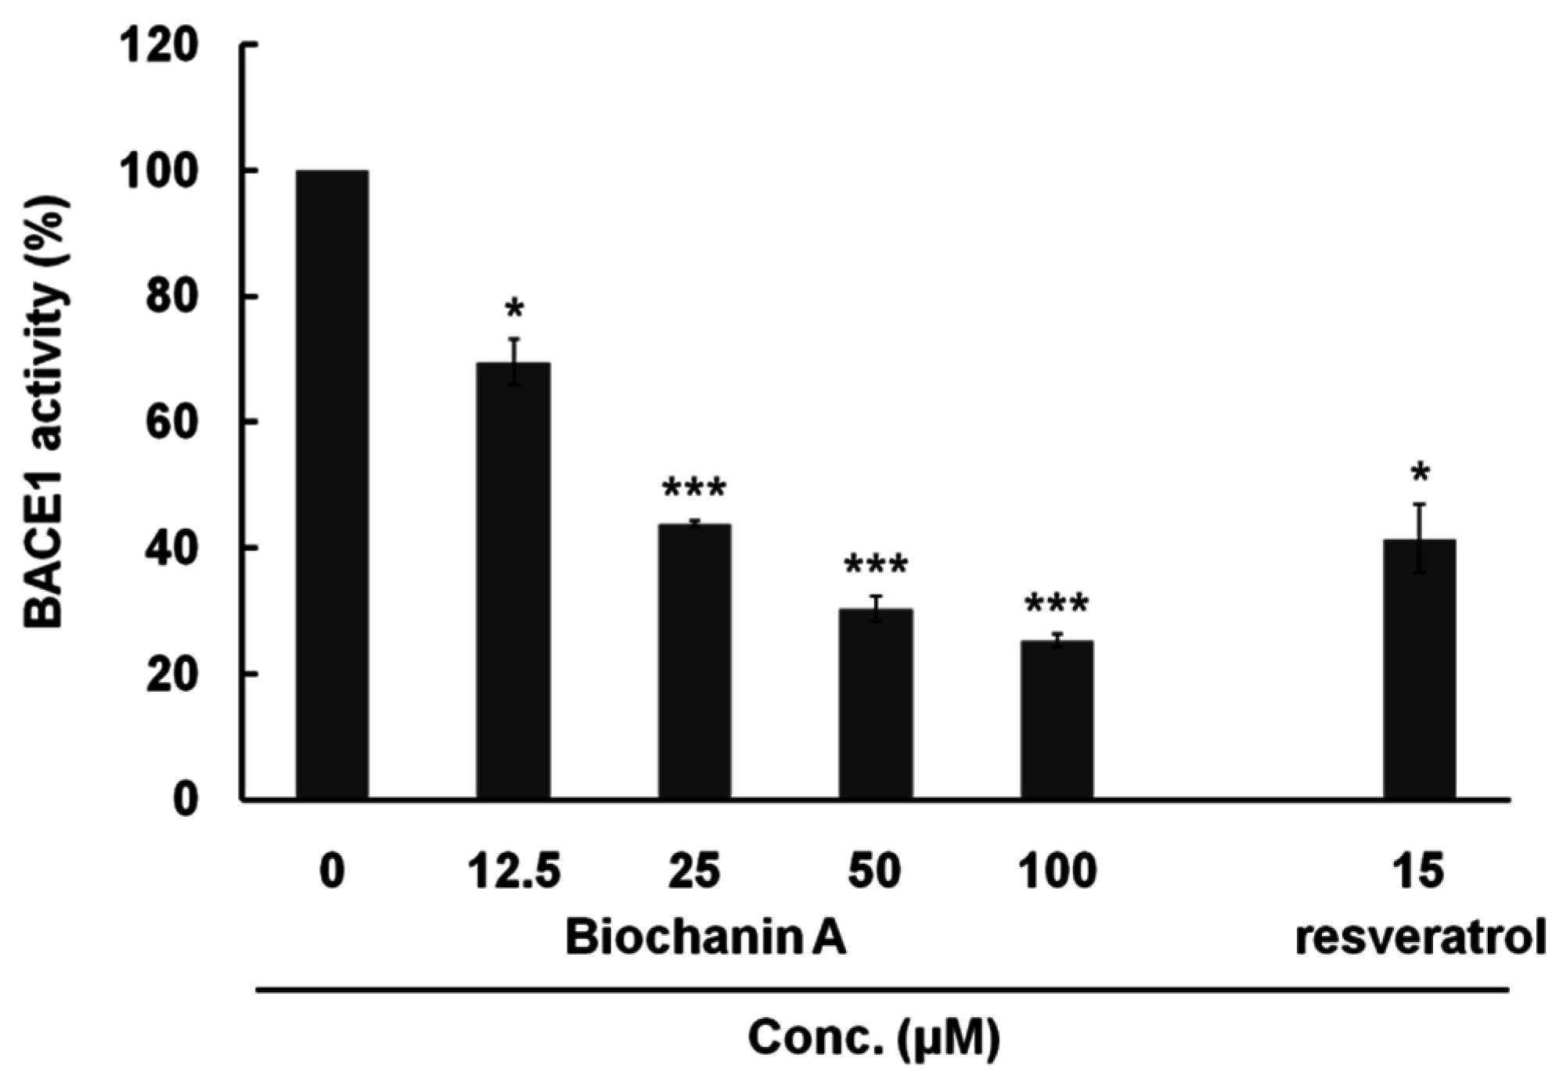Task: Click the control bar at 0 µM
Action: coord(332,485)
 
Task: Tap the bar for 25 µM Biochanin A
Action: coord(694,662)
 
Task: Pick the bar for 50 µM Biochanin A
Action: coord(876,704)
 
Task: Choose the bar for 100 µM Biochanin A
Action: coord(1057,720)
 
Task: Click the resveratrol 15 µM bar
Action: coord(1419,670)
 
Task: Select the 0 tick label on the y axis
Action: coord(186,800)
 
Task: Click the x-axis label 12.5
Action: coord(514,871)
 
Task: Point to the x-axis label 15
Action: coord(1418,871)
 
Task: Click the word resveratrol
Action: coord(1420,938)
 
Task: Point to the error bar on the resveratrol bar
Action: coord(1419,538)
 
